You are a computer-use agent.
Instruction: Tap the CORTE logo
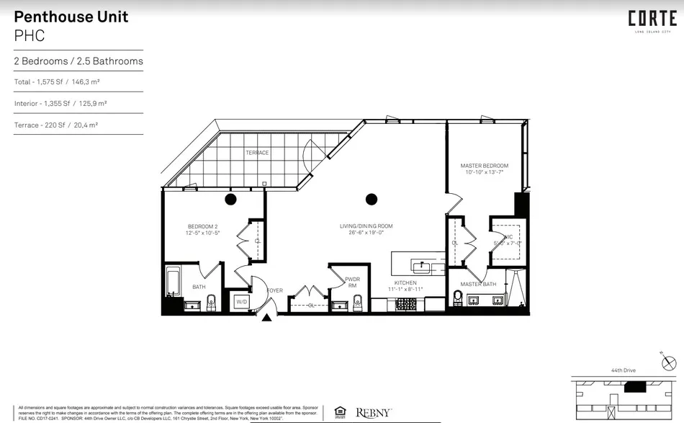[x=652, y=19]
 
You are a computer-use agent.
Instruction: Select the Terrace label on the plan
[x=257, y=153]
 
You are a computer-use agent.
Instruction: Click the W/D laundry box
[x=241, y=303]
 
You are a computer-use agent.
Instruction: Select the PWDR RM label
[x=353, y=282]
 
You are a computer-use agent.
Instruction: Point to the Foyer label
[x=275, y=291]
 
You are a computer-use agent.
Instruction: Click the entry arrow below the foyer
[x=267, y=316]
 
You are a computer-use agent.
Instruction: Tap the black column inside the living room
[x=372, y=199]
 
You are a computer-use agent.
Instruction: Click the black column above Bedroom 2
[x=231, y=199]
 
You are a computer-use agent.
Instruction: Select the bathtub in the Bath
[x=173, y=282]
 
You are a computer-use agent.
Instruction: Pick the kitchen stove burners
[x=407, y=305]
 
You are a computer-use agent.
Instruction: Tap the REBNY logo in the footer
[x=374, y=413]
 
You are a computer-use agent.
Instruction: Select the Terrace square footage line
[x=56, y=125]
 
